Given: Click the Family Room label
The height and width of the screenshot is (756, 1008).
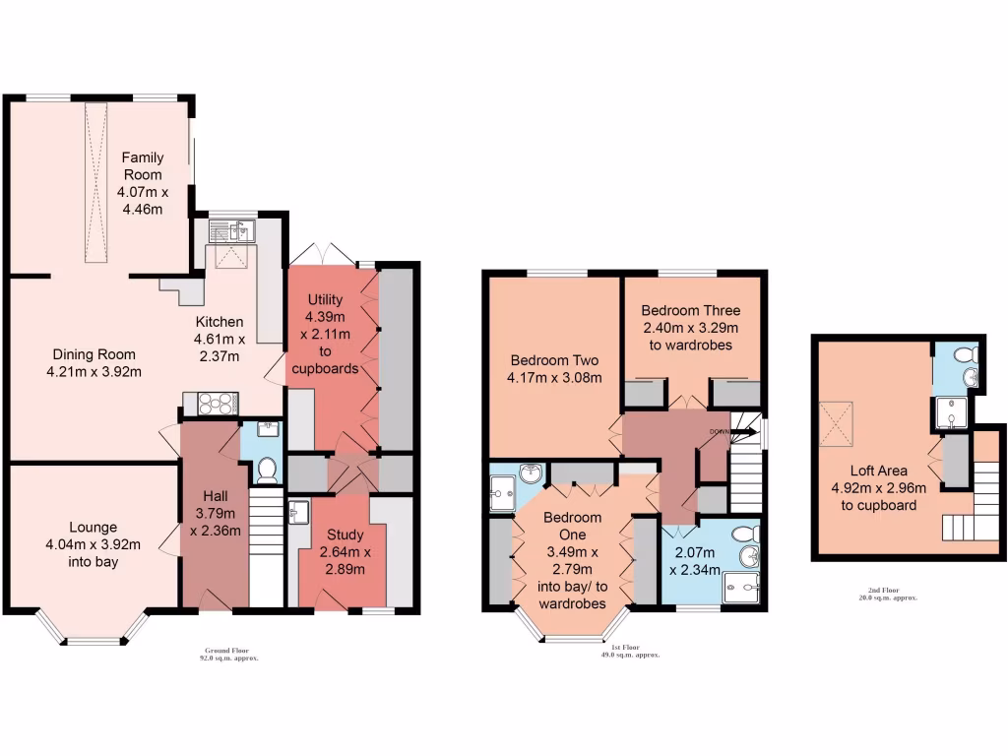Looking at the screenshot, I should click(142, 165).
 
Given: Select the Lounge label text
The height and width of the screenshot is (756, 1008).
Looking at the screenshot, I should click(93, 527).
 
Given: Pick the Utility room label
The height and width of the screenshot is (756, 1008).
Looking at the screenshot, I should click(324, 299).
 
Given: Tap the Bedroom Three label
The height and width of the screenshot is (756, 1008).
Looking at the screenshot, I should click(690, 311).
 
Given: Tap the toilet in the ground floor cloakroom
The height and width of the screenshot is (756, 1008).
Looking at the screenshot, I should click(265, 470).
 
